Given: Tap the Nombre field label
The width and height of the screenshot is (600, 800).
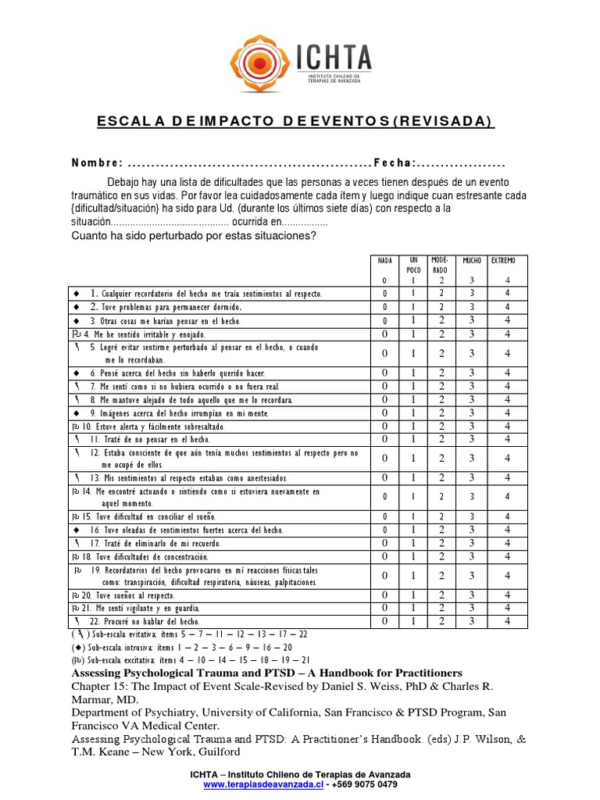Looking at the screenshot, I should click(97, 163).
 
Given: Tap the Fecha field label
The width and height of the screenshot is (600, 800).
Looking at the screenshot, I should click(394, 163).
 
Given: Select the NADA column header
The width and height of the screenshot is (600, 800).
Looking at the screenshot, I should click(384, 261).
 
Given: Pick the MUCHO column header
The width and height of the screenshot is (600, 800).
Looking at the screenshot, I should click(472, 261).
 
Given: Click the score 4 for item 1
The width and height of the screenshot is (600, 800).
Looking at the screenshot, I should click(507, 293).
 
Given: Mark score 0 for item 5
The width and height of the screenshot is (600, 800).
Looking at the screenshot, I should click(384, 353).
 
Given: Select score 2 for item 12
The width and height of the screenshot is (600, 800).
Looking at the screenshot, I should click(441, 459).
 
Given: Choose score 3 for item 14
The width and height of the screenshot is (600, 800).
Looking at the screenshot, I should click(472, 496).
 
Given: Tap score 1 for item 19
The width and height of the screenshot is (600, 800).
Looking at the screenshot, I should click(413, 576).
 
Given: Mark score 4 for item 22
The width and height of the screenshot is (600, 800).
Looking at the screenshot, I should click(507, 621).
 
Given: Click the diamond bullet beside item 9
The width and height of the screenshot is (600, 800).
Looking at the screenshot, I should click(77, 412).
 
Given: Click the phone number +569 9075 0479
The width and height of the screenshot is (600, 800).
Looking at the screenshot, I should click(364, 784).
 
